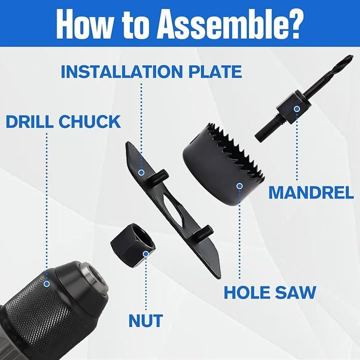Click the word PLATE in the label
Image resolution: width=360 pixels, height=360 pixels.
(215, 71)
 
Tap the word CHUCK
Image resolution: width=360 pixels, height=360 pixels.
(90, 121)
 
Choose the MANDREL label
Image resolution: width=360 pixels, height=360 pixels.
(311, 192)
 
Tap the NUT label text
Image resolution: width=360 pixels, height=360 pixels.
(146, 320)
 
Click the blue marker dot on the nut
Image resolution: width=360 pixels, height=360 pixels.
(146, 254)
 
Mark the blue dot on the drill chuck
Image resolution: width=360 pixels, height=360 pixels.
(47, 284)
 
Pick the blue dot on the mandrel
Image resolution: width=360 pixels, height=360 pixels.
(297, 109)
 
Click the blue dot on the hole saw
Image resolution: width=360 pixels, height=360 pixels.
(239, 186)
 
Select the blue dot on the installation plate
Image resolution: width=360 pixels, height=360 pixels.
(141, 172)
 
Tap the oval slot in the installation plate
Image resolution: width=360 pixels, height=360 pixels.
(172, 208)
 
